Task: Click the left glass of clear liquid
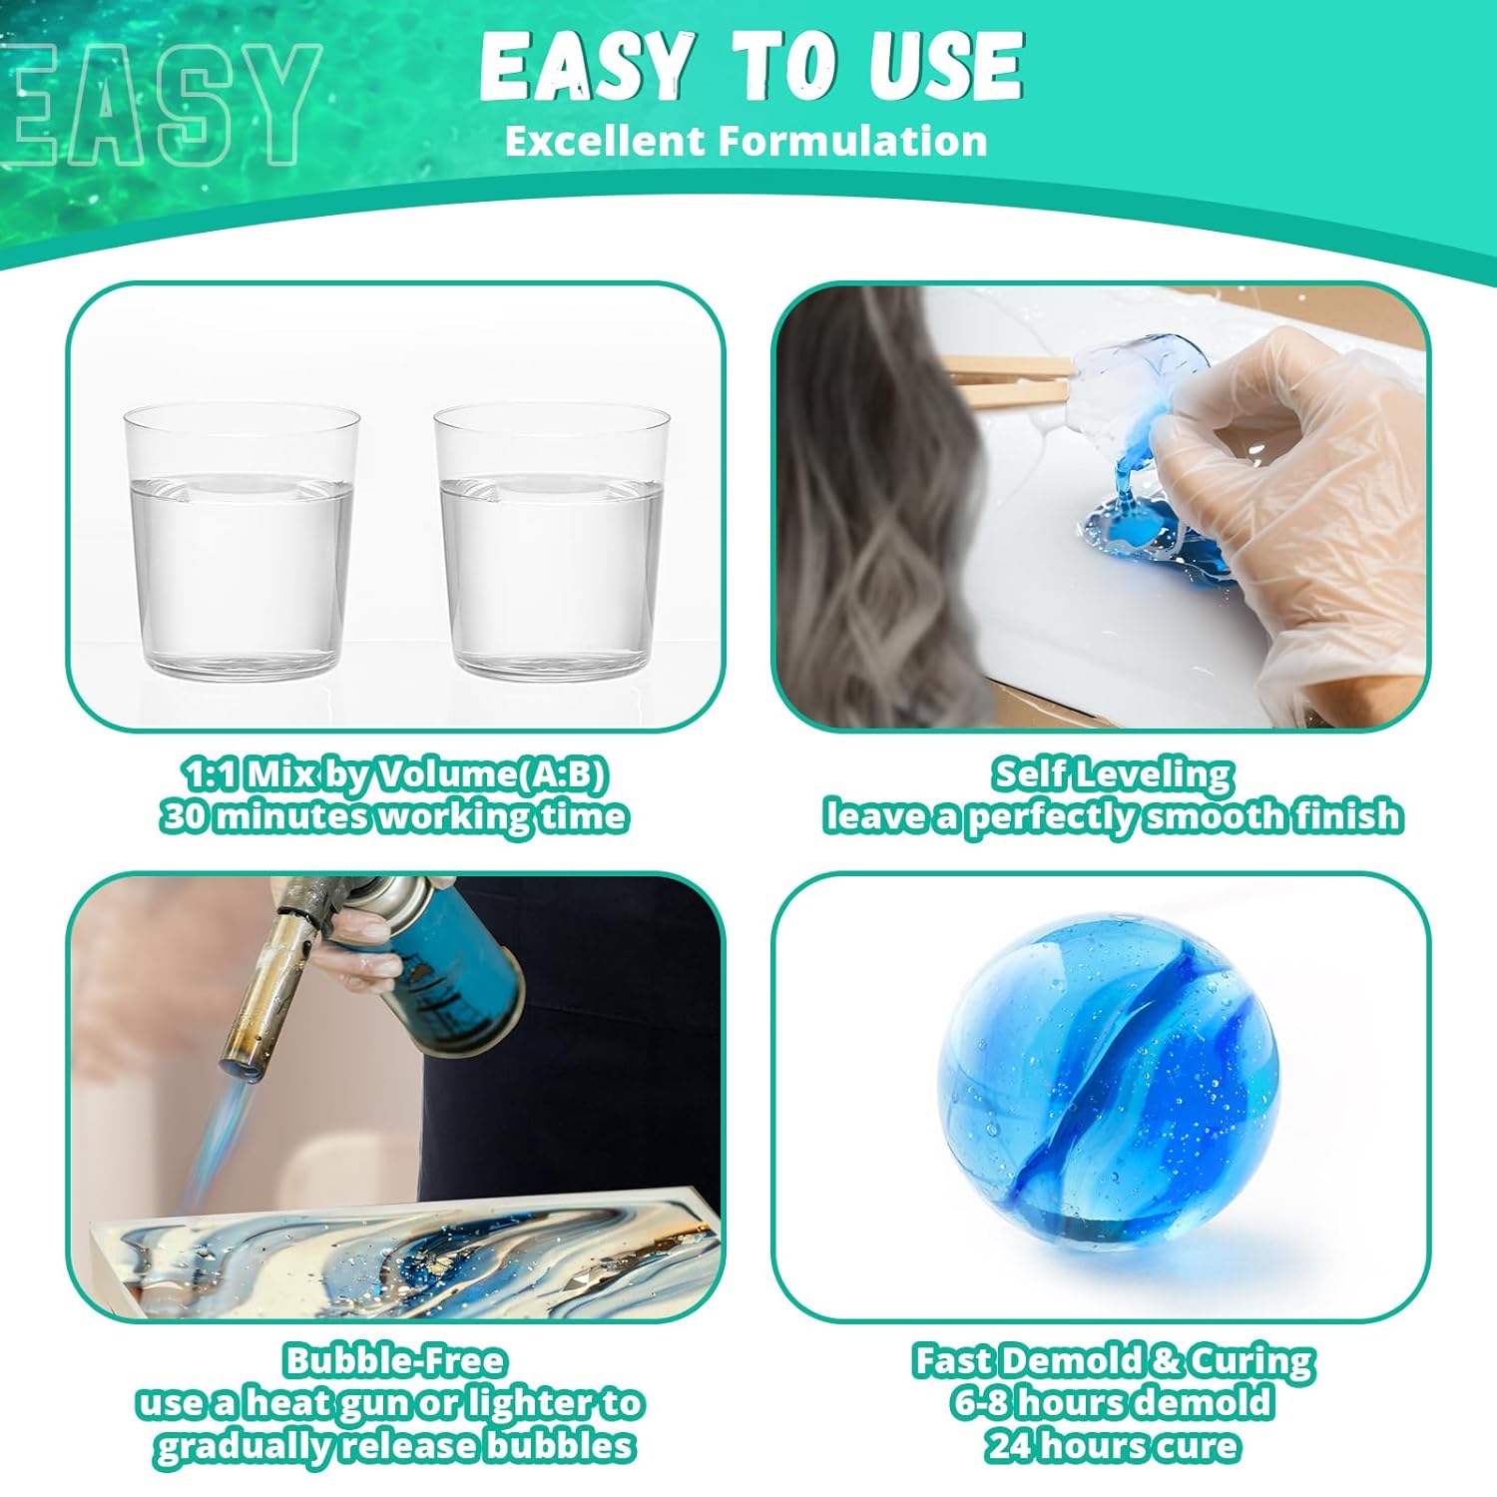point(242,544)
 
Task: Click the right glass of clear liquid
point(551,544)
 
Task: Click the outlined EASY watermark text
point(160,105)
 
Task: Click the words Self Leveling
point(1113,774)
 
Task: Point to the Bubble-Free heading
point(395,1360)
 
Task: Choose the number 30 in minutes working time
point(186,816)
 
